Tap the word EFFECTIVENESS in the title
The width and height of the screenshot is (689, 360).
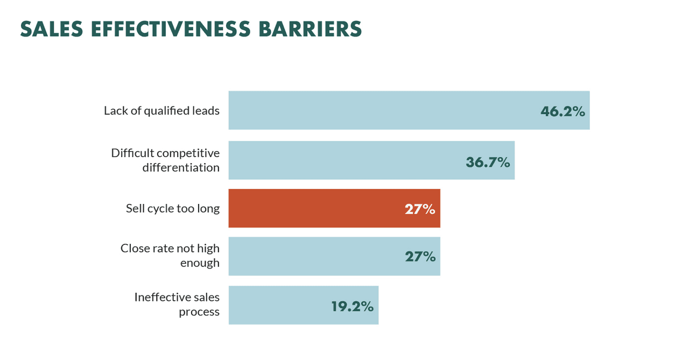167,30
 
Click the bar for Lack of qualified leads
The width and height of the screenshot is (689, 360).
377,110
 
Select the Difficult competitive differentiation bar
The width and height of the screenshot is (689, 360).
344,160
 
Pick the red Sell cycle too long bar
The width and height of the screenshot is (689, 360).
312,208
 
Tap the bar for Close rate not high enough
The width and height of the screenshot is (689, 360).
312,256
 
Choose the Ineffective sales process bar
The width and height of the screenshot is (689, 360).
280,305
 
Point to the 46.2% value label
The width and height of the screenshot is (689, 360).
563,111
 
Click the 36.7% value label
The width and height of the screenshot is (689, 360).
488,161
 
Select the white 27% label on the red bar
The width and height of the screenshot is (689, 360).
420,209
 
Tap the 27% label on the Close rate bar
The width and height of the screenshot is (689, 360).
420,257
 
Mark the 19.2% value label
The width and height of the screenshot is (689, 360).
352,306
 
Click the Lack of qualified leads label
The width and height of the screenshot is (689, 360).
161,111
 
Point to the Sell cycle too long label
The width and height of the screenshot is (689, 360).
173,208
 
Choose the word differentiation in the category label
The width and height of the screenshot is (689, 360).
181,167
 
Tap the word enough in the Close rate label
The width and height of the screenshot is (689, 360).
200,263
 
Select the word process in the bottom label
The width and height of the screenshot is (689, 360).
199,312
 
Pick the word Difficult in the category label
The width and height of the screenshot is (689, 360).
129,153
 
